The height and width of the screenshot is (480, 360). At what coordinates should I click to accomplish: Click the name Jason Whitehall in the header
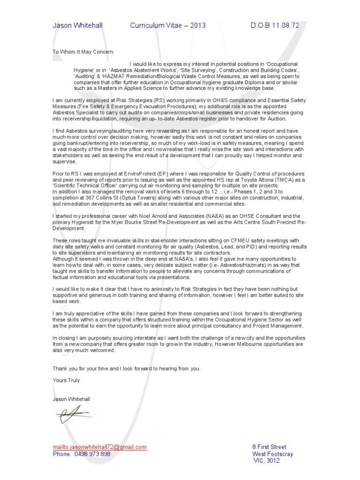[x=77, y=25]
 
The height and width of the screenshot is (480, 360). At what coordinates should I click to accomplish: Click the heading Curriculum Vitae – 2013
[x=168, y=25]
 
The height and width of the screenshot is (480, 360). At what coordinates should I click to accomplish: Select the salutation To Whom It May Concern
[x=83, y=52]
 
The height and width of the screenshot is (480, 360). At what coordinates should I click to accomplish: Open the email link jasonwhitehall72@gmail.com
[x=99, y=447]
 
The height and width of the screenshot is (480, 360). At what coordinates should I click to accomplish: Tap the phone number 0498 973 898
[x=92, y=454]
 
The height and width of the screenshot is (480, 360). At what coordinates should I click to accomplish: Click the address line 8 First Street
[x=269, y=447]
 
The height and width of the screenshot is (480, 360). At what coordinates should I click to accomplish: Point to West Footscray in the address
[x=273, y=454]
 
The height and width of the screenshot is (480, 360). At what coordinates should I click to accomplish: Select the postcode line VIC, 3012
[x=266, y=461]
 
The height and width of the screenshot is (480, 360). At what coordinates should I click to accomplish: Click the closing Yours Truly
[x=66, y=381]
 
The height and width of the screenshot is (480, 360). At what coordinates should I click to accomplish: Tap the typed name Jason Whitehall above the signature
[x=71, y=399]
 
